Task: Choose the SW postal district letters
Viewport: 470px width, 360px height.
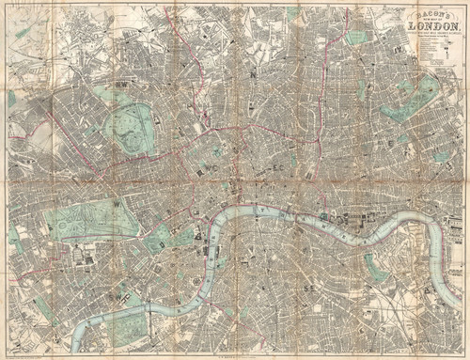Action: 116,293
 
